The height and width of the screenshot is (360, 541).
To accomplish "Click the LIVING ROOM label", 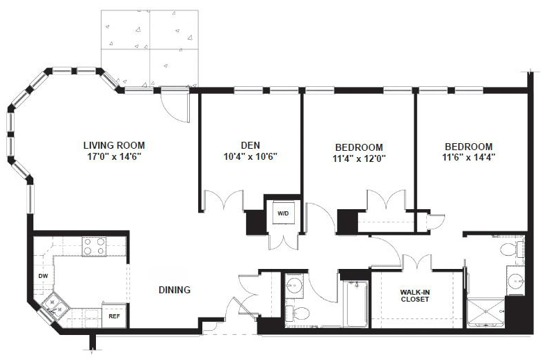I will [113, 145].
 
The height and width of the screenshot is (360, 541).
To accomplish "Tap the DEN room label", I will [250, 145].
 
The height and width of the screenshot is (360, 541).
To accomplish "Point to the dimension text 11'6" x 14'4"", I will [469, 157].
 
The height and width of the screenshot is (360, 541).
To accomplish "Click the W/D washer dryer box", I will [283, 213].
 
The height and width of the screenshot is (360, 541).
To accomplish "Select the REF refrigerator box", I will [114, 316].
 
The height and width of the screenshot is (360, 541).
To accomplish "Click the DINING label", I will [174, 290].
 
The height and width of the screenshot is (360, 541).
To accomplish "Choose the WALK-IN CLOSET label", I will [414, 295].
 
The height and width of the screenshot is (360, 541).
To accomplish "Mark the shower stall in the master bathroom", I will [486, 312].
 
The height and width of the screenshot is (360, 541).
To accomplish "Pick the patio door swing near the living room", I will [175, 104].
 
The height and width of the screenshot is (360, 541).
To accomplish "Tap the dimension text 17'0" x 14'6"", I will [113, 157].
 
